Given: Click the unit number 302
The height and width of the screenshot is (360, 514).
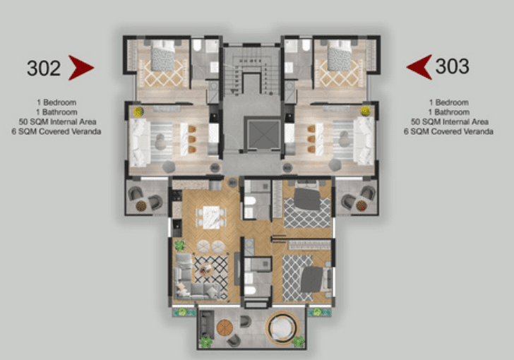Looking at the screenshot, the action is point(44,68).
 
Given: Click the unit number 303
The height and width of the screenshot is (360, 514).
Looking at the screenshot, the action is point(452,66).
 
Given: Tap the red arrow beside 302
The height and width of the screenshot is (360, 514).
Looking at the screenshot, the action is point(81,68).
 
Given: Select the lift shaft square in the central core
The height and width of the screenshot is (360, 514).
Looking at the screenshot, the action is point(263,134).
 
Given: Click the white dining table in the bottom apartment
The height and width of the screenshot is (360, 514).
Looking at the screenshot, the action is point(211,217).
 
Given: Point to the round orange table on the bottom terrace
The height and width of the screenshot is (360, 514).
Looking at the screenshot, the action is point(225,328).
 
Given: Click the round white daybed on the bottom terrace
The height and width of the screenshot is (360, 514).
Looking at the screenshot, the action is point(282,328).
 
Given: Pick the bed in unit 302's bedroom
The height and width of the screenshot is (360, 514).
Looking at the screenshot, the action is point(162,55).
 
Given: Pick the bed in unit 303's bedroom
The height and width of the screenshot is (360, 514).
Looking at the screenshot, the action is point(340,55).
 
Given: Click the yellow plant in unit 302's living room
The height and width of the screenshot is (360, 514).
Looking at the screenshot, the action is point(138,112).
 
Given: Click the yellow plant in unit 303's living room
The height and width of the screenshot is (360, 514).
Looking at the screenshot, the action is point(365,111).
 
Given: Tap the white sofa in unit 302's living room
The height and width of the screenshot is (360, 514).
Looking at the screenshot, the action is point(139,143).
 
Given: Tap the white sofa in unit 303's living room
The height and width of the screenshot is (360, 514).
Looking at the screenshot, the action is point(364,141).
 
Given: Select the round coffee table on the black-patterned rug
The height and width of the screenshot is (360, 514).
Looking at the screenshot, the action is point(206,270).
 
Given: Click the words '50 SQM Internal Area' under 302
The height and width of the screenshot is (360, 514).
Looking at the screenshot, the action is point(57,122).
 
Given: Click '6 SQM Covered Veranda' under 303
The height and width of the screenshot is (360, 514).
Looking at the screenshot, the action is point(448,131).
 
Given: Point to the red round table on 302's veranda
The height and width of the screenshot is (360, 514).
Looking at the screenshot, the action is point(141,206).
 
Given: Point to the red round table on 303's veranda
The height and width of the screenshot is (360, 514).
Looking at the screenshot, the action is point(361,205).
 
